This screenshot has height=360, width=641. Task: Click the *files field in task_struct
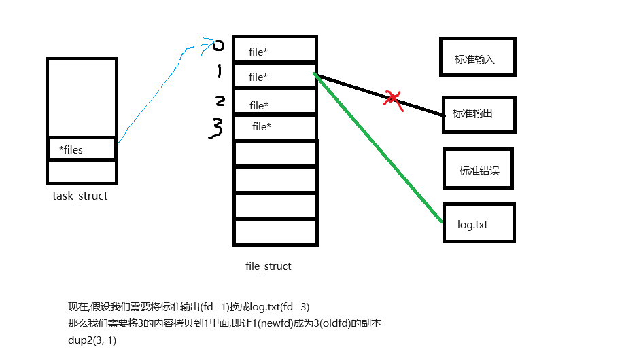tap(82, 149)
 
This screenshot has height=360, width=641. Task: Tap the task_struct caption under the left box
tap(80, 196)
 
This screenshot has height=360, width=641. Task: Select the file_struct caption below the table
tap(268, 266)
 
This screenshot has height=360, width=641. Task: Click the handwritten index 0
tap(218, 46)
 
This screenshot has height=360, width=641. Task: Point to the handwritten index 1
tap(219, 71)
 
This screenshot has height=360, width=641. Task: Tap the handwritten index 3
tap(217, 127)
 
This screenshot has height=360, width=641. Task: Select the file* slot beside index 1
tap(275, 77)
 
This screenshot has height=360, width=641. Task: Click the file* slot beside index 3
tap(275, 127)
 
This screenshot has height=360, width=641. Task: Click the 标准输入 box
tap(477, 57)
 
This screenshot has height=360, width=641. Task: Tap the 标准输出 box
tap(478, 113)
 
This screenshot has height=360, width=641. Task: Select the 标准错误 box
tap(477, 169)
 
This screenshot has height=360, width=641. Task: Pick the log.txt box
tap(478, 223)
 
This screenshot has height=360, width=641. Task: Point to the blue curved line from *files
tap(163, 88)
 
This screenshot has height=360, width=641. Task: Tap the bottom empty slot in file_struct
tap(275, 232)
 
